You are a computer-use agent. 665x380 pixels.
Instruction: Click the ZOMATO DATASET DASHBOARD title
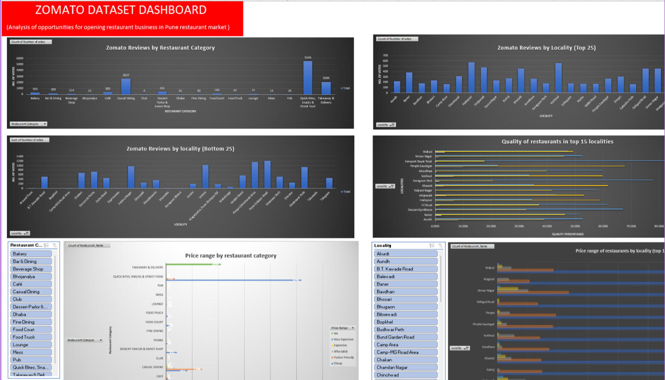[x=121, y=10]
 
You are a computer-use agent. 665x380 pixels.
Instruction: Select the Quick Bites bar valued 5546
[x=307, y=78]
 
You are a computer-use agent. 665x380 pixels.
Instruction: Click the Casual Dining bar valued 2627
[x=126, y=86]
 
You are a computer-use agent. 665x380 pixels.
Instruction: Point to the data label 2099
[x=326, y=78]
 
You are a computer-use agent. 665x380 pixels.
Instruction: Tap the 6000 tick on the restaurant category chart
[x=20, y=58]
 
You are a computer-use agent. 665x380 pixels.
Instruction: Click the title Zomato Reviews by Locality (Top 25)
[x=546, y=48]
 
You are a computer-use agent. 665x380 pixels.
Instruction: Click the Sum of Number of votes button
[x=29, y=140]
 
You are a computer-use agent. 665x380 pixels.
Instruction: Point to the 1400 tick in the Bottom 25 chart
[x=20, y=156]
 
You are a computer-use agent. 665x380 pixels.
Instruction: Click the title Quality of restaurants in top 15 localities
[x=557, y=141]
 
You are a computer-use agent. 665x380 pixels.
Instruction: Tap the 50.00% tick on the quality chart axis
[x=574, y=226]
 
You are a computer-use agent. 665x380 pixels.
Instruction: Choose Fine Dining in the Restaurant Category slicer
[x=31, y=322]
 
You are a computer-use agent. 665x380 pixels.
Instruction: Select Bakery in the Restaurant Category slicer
[x=31, y=253]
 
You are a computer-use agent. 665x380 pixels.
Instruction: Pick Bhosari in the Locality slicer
[x=405, y=299]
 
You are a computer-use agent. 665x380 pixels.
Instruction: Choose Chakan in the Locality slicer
[x=405, y=359]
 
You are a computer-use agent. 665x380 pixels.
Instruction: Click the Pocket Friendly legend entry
[x=343, y=357]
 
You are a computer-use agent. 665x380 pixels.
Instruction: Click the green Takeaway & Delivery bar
[x=192, y=264]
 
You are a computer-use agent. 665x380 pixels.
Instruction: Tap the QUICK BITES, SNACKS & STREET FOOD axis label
[x=138, y=276]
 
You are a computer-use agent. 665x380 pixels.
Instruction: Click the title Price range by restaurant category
[x=230, y=255]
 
